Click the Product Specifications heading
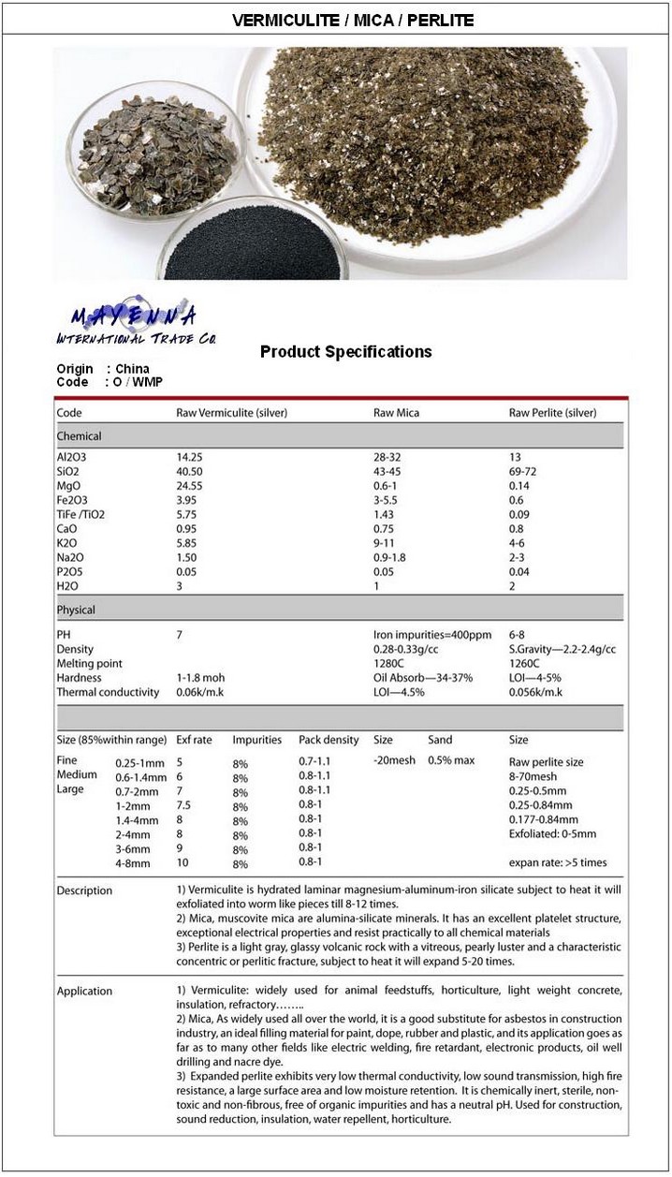tap(345, 352)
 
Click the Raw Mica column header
tap(396, 412)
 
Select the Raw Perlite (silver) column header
tap(552, 412)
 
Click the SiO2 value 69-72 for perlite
tap(522, 472)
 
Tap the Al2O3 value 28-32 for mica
tap(387, 457)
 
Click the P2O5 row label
tap(70, 572)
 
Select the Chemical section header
tap(80, 436)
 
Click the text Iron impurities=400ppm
tap(431, 635)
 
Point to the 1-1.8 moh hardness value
tap(200, 678)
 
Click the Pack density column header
tap(329, 740)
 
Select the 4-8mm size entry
tap(133, 862)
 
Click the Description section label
tap(84, 890)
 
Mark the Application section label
tap(84, 991)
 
